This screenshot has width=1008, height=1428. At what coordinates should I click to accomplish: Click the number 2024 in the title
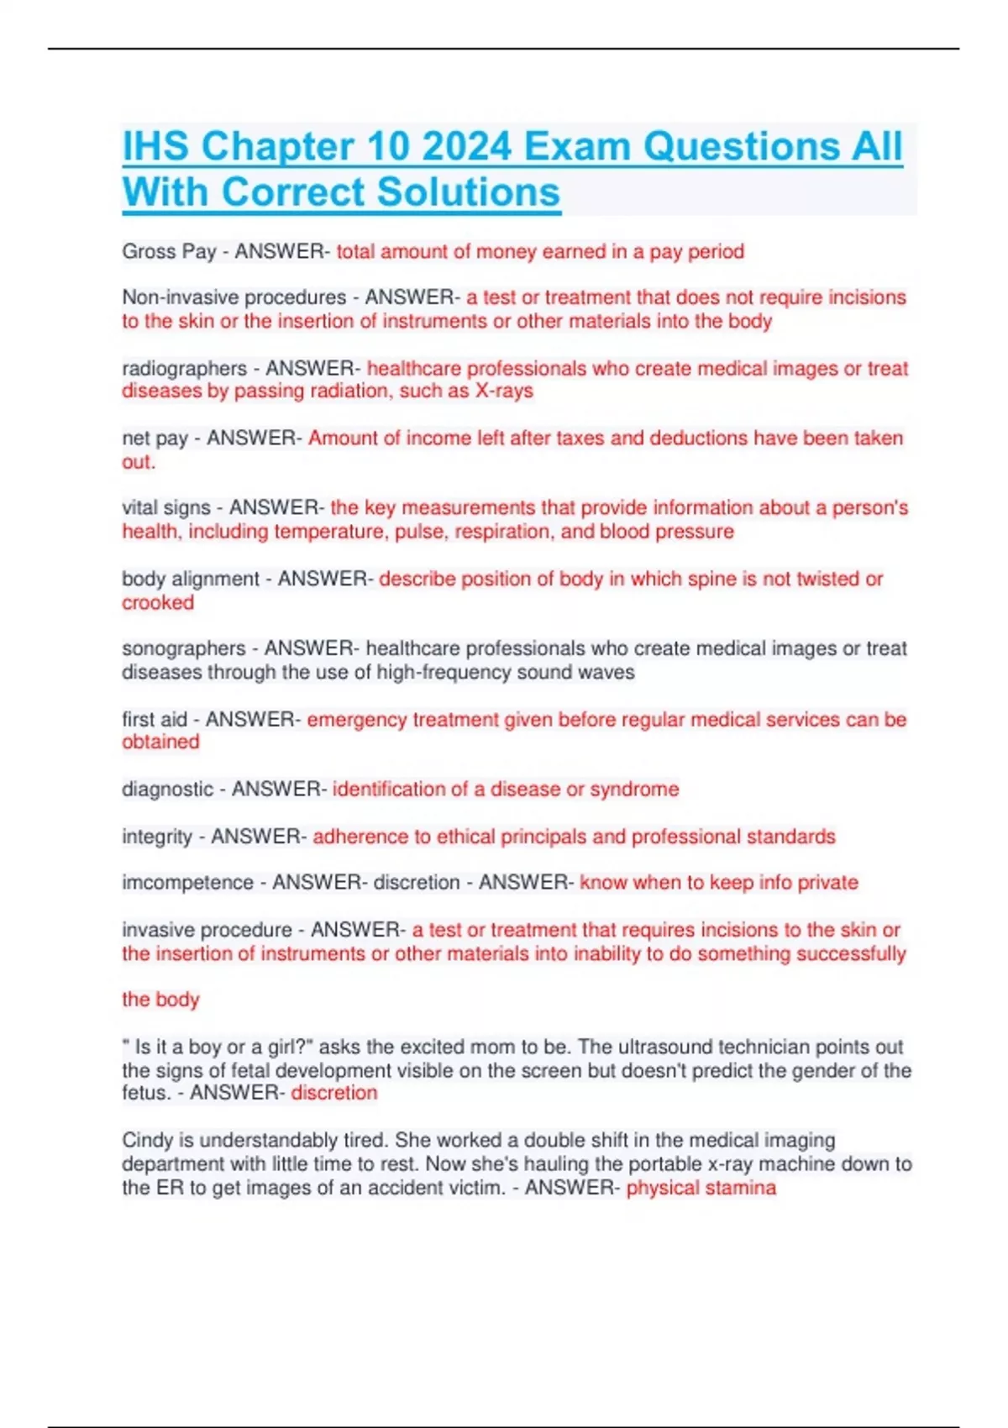[466, 146]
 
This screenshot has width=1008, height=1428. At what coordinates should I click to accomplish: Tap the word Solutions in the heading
[468, 192]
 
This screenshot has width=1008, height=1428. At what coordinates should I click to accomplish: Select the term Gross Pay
[169, 251]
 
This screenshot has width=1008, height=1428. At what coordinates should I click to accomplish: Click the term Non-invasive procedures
[234, 297]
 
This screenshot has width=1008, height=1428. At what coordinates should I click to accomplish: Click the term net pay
[155, 438]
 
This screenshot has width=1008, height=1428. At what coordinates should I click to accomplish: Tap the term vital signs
[165, 508]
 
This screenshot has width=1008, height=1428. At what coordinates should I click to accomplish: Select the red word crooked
[158, 603]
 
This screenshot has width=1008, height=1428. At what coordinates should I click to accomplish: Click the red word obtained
[160, 742]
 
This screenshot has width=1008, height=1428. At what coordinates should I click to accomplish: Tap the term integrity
[157, 837]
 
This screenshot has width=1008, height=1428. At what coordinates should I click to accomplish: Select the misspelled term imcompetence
[187, 883]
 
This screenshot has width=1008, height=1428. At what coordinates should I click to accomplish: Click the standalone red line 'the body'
[160, 1000]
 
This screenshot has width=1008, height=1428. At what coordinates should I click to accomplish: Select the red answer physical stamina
[701, 1188]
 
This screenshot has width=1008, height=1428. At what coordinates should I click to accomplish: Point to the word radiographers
[184, 369]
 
